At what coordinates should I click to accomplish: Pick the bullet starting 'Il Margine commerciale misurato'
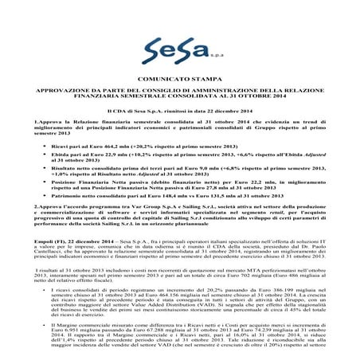(x=188, y=350)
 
